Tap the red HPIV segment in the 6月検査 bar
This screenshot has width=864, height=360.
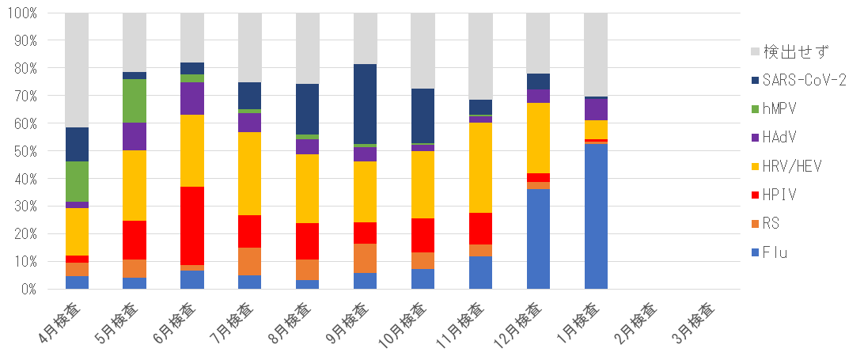coord(192,226)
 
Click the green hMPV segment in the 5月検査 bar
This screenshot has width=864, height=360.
coord(135,101)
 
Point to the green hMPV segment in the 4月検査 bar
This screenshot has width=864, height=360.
coord(77,181)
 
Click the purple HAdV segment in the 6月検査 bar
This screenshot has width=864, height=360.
coord(192,98)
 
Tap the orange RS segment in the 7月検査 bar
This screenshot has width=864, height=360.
coord(250,261)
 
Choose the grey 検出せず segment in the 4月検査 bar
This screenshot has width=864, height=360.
coord(77,70)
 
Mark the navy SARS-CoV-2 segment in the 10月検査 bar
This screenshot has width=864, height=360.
coord(423,116)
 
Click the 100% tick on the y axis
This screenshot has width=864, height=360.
coord(34,13)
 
